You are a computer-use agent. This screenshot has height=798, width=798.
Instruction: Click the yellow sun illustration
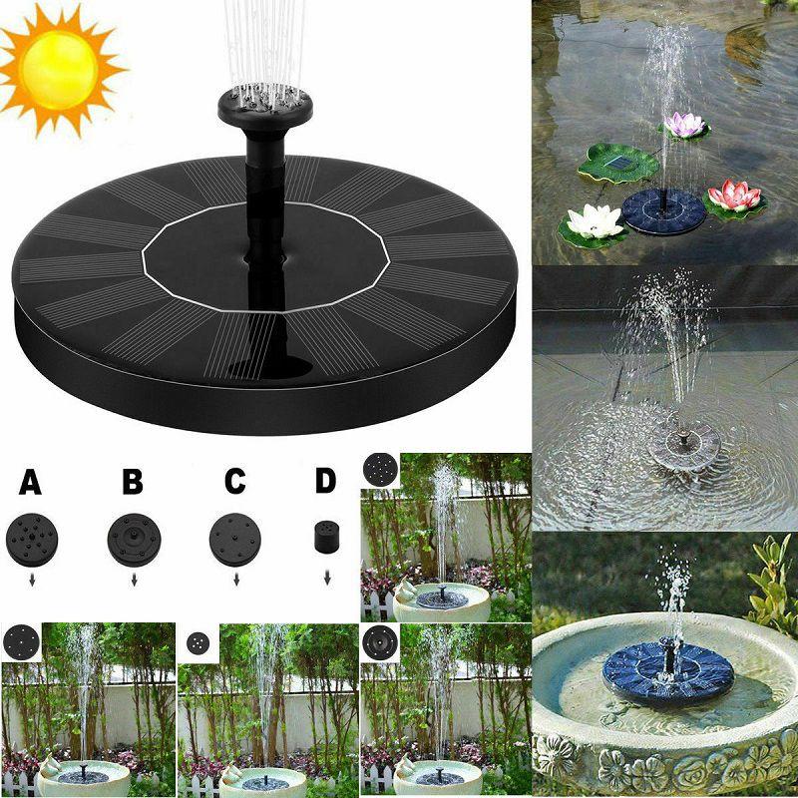tap(60, 68)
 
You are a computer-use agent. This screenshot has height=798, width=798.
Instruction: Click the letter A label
tap(31, 482)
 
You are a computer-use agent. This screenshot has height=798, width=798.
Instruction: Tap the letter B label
tap(133, 482)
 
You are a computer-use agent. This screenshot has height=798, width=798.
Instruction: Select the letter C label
tap(234, 482)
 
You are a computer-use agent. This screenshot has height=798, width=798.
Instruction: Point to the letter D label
tap(325, 480)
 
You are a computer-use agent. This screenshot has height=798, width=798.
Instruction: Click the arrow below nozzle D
tap(325, 577)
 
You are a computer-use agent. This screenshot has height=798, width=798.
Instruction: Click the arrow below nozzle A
tap(31, 577)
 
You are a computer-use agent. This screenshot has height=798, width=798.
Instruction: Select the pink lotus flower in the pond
tap(736, 196)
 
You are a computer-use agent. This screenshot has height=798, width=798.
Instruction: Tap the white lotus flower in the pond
tap(594, 220)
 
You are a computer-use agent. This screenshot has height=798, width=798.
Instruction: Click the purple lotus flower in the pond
tap(684, 126)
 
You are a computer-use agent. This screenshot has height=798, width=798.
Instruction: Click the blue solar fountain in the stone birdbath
tap(667, 675)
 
